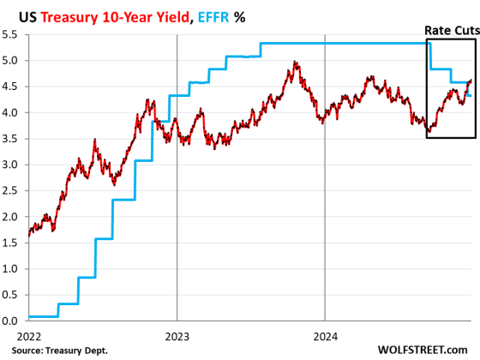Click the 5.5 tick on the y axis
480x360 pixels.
point(12,34)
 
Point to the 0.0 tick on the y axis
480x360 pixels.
point(12,321)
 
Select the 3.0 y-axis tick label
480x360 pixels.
point(12,165)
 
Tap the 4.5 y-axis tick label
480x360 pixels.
point(12,87)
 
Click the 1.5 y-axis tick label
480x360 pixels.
point(12,243)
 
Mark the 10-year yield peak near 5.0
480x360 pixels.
point(295,63)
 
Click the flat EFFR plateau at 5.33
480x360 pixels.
point(343,43)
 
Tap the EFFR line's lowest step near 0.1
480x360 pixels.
point(43,316)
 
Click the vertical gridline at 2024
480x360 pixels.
point(325,214)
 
